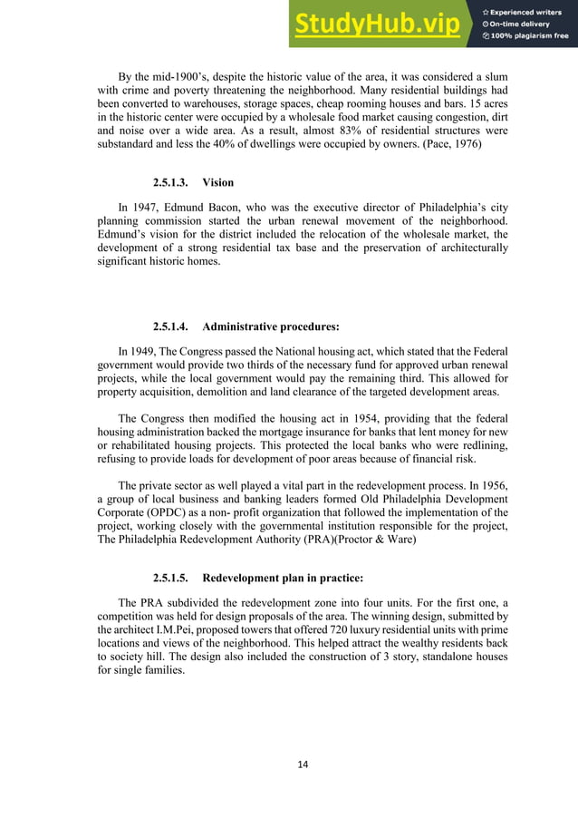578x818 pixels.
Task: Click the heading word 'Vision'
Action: [x=218, y=182]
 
